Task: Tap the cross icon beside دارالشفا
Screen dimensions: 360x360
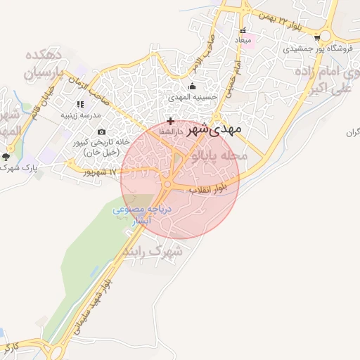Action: (x=170, y=122)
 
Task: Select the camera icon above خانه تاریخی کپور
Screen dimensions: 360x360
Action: (x=102, y=131)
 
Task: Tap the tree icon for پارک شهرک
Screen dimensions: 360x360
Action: (x=7, y=157)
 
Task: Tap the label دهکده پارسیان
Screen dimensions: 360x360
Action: (x=49, y=63)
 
